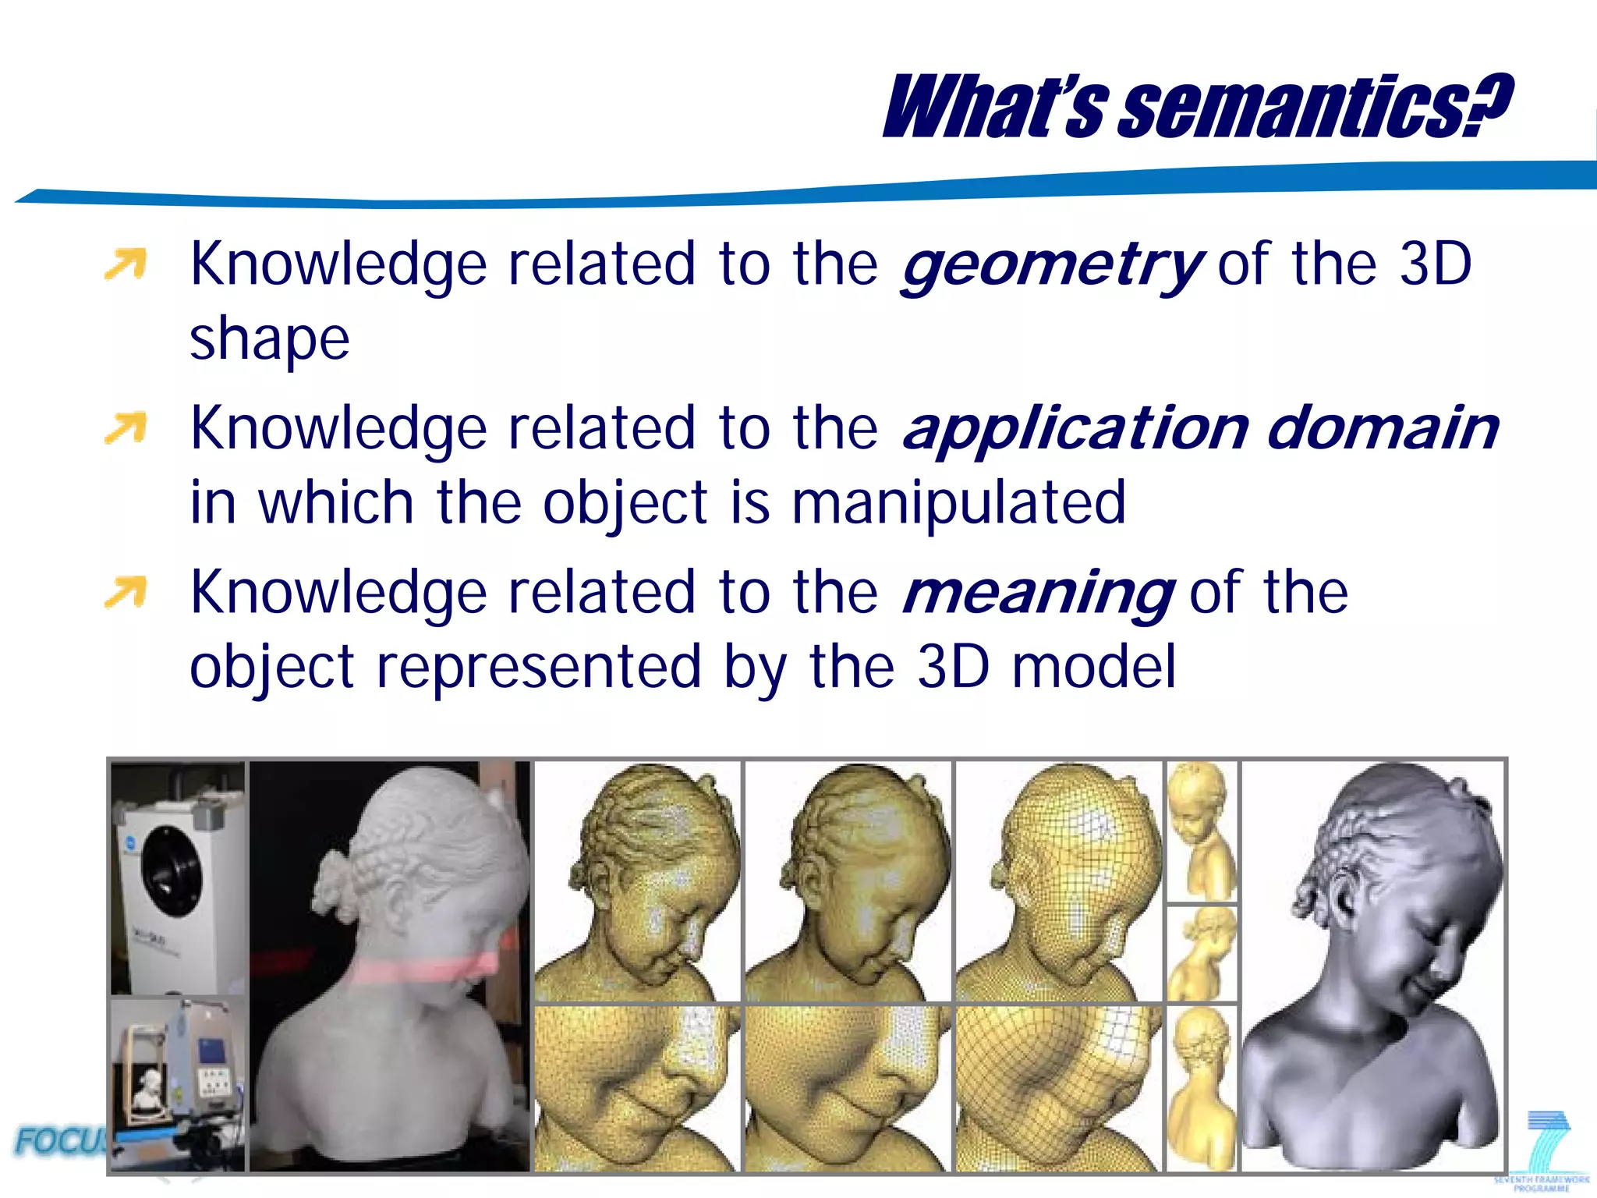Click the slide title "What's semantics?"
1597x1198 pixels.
1197,107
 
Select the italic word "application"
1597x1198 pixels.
1076,430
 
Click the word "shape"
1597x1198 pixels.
270,339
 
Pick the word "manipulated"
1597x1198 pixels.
958,503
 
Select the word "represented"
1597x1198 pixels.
539,667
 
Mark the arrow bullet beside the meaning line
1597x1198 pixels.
126,592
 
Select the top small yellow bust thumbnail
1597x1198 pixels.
1202,831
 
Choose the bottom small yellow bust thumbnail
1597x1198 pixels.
1202,1088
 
